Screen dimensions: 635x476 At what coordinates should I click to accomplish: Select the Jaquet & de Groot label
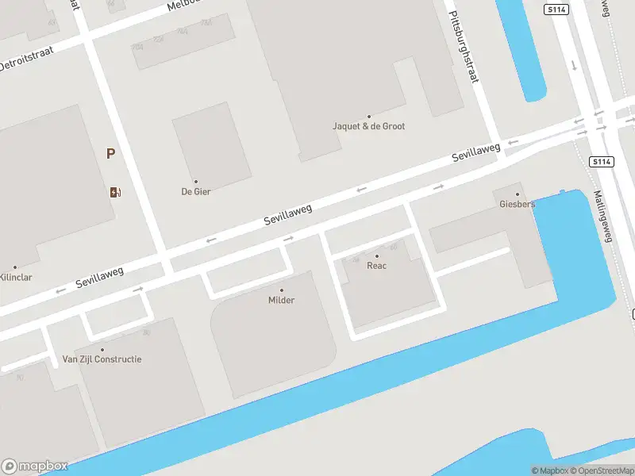point(368,126)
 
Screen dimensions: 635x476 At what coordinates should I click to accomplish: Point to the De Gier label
point(196,191)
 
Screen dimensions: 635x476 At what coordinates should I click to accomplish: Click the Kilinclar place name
point(15,278)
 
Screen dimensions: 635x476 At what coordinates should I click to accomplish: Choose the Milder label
point(281,300)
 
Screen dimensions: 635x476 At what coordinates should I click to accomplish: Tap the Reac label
point(376,266)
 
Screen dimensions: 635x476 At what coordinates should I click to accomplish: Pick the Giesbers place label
point(518,204)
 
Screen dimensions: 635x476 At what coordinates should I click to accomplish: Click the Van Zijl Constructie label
point(102,359)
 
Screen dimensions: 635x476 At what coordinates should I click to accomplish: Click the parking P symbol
point(111,154)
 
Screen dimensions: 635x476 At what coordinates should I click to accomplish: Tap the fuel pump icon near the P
point(115,191)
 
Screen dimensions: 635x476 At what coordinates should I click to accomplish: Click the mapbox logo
point(35,466)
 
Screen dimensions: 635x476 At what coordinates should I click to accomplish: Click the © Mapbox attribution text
point(550,470)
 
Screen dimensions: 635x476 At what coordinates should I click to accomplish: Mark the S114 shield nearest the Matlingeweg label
point(602,162)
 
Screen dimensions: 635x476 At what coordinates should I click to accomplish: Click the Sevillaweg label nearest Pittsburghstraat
point(476,152)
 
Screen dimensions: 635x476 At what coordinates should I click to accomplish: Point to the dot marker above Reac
point(377,256)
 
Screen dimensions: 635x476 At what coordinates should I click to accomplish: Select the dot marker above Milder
point(281,290)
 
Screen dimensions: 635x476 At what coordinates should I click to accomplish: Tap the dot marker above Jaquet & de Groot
point(368,117)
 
